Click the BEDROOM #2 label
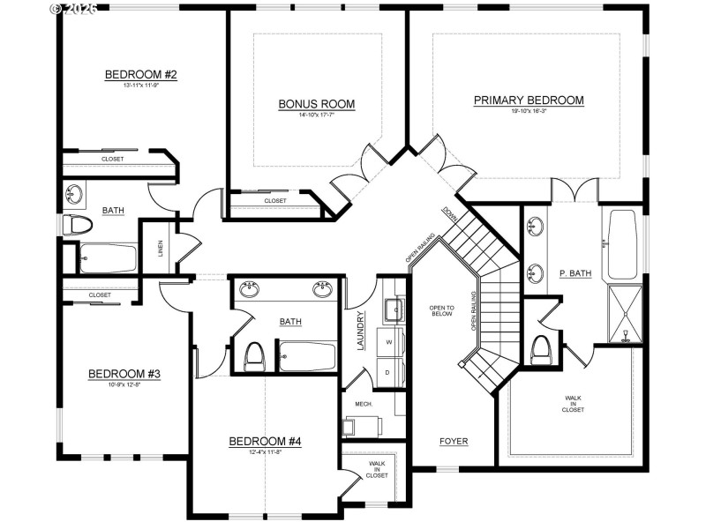click(141, 74)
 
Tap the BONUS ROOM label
click(316, 104)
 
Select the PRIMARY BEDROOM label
click(529, 101)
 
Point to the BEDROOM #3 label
click(124, 374)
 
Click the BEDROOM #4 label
click(265, 442)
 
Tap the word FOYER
click(454, 441)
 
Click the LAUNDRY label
click(361, 331)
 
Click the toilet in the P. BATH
click(541, 348)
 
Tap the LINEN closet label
click(161, 249)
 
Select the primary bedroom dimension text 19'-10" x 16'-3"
click(529, 112)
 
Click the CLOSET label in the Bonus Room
click(275, 201)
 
